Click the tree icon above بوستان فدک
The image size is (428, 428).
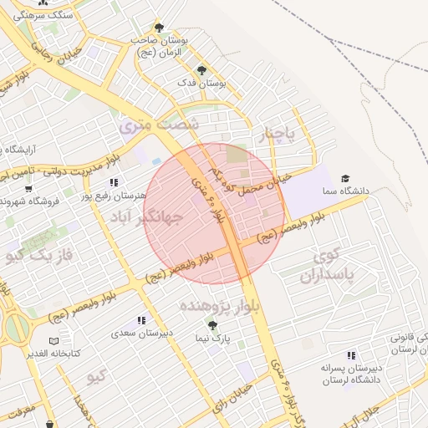click(200, 69)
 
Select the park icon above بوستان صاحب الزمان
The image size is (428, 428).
click(159, 27)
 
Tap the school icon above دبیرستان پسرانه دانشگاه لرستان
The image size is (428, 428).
click(352, 354)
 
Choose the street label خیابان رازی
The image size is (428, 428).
click(232, 395)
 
